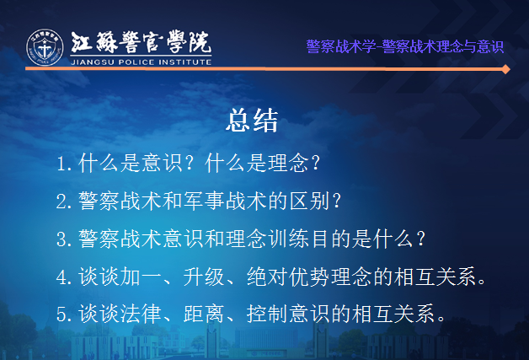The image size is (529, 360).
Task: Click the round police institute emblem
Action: click(x=45, y=47)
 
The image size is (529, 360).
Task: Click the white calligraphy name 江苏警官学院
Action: click(x=141, y=42)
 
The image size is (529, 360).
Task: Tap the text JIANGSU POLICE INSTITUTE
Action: click(x=141, y=62)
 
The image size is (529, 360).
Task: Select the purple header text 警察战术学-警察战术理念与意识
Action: click(x=405, y=46)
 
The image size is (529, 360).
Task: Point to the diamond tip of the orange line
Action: click(x=505, y=69)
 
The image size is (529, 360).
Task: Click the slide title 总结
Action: click(x=252, y=121)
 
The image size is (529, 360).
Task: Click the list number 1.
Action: click(x=62, y=164)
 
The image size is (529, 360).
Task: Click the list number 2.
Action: click(x=62, y=201)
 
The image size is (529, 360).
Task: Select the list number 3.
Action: click(x=62, y=239)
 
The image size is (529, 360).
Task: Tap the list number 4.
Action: click(x=62, y=277)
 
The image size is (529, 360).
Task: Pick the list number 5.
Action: click(x=62, y=314)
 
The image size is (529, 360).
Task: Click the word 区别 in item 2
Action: click(x=309, y=201)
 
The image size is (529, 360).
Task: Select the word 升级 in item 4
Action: click(x=204, y=277)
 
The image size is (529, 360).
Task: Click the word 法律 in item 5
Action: click(x=141, y=314)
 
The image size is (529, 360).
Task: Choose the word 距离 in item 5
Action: click(x=204, y=314)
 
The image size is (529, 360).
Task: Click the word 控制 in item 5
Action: click(x=267, y=314)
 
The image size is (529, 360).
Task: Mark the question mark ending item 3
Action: click(x=420, y=239)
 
